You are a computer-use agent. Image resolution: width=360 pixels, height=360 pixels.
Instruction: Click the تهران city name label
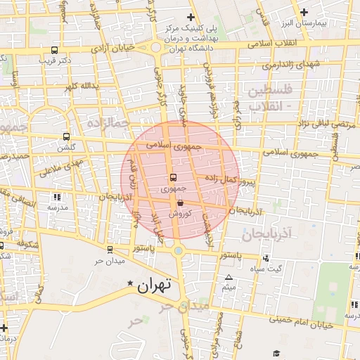click(155, 285)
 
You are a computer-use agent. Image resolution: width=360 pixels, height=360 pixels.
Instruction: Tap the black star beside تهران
click(129, 284)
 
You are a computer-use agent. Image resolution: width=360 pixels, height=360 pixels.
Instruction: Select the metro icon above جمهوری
click(174, 177)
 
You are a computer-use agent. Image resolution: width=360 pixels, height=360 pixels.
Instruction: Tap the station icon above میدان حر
click(109, 250)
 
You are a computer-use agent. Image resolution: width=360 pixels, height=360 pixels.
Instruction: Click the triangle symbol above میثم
click(228, 277)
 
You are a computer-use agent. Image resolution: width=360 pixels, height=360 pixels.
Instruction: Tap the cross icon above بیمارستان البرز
click(304, 12)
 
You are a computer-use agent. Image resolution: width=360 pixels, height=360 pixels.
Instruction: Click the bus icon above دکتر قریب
click(55, 50)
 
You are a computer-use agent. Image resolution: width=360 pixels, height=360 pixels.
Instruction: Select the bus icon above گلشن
click(66, 136)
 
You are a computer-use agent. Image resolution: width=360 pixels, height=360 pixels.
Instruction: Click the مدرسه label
click(57, 208)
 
